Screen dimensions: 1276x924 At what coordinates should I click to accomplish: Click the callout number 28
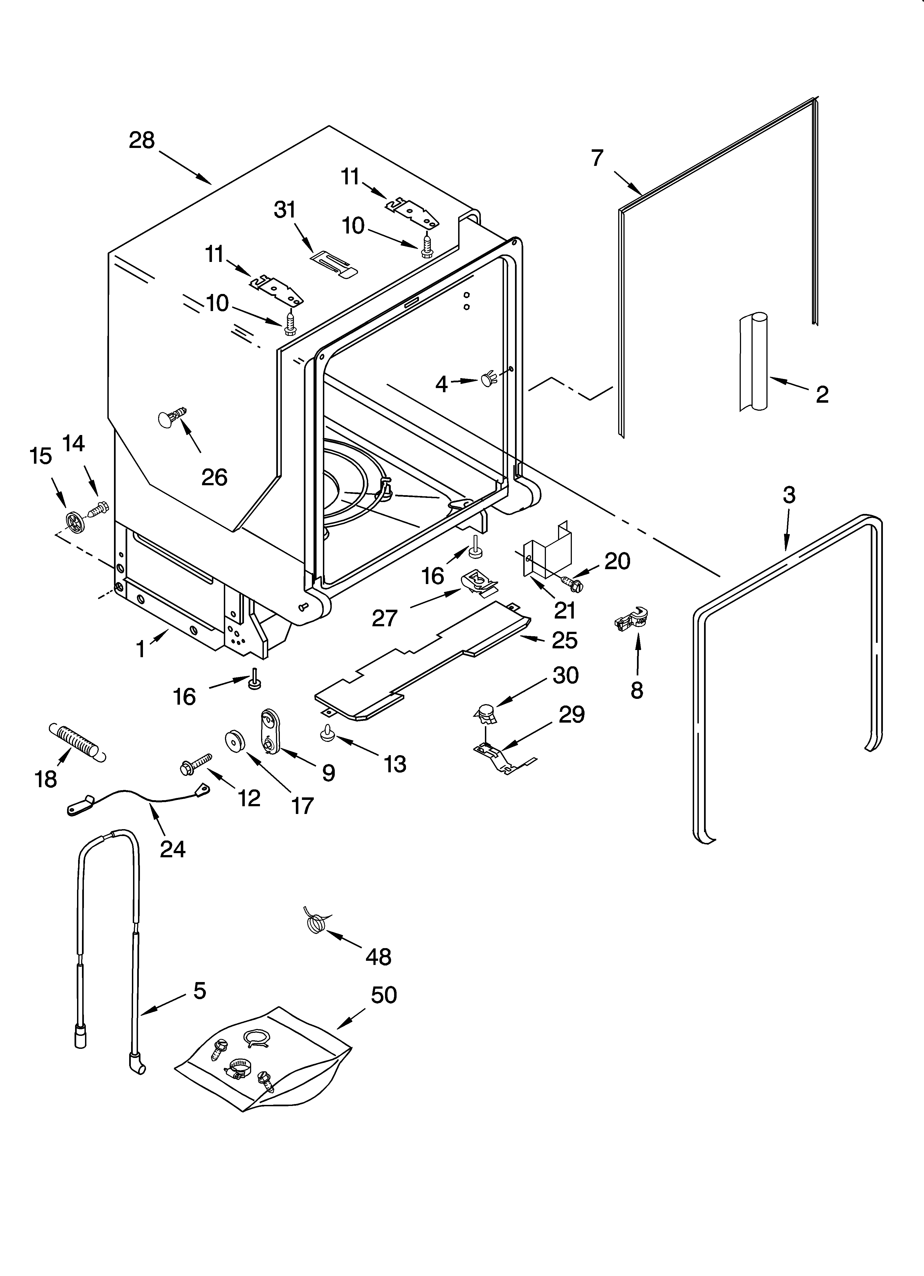tap(142, 140)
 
